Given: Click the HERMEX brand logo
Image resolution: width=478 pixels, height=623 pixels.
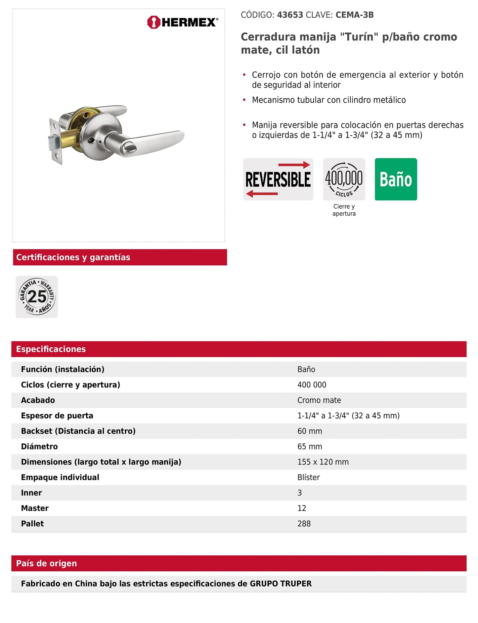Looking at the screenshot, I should (182, 22).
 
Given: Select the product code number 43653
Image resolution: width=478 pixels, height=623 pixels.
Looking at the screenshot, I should (290, 15).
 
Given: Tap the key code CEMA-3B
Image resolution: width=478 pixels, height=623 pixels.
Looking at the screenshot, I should (354, 15).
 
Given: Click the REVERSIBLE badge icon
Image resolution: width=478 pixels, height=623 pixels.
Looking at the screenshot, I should (278, 179).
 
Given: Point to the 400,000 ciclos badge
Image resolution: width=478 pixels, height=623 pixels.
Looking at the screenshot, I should (344, 179).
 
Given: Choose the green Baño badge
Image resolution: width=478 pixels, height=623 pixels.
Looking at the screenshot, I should (396, 179).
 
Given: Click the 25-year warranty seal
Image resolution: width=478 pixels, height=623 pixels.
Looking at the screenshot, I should (37, 297).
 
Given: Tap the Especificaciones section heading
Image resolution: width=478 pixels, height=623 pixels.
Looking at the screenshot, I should (51, 349).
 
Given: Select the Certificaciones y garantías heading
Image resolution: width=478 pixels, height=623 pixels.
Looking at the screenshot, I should (73, 257).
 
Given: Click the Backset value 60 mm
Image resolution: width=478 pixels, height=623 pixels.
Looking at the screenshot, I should (310, 431).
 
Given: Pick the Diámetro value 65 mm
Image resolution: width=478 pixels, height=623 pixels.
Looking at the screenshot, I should (310, 446).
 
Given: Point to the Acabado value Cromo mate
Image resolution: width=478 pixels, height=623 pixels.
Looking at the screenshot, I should (319, 400).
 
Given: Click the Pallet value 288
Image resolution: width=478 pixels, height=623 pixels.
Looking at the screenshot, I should (304, 524).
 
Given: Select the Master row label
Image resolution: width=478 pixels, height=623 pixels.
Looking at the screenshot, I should (35, 508).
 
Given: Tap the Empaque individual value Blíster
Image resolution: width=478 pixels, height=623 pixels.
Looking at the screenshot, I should (308, 477).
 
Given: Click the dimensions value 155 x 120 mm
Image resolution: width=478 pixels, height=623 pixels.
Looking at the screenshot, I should (323, 462).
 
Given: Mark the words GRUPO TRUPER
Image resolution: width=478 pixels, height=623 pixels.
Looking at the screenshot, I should (281, 584).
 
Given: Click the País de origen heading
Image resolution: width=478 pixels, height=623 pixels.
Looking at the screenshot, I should (47, 563).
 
